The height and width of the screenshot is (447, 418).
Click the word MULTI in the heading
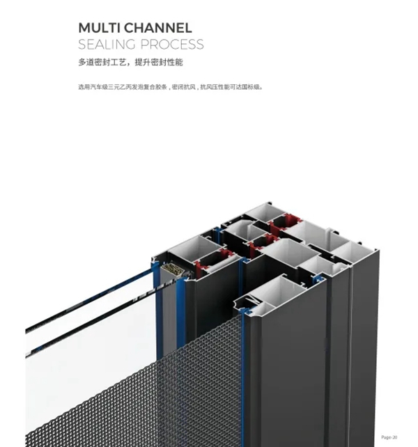tap(98, 28)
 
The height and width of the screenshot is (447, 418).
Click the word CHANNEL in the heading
tap(157, 28)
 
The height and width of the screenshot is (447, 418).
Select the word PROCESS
tap(172, 45)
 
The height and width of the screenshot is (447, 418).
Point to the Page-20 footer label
tap(389, 437)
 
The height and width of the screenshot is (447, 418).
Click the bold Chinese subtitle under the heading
tap(130, 62)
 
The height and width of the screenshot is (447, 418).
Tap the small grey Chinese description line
tap(171, 87)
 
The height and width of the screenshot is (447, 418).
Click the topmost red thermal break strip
tap(285, 221)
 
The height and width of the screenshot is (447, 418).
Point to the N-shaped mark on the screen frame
tap(252, 300)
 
